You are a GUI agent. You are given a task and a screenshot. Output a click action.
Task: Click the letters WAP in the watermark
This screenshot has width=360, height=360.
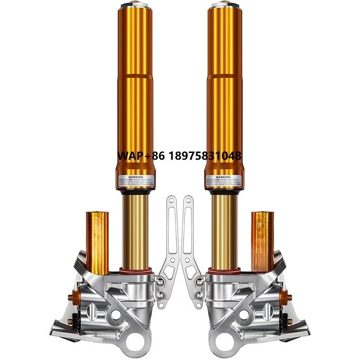[130, 156]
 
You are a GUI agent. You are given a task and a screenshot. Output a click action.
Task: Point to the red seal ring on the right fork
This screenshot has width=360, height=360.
[225, 271]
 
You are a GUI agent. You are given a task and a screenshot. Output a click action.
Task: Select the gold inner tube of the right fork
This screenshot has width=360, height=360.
[225, 229]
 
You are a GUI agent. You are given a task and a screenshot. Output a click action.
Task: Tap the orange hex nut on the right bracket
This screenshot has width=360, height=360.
[288, 297]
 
